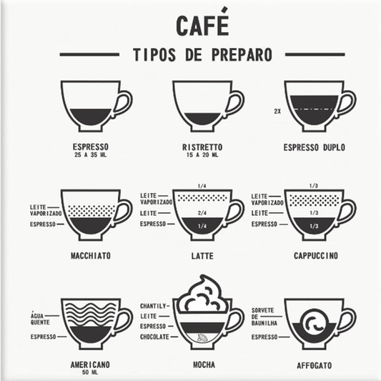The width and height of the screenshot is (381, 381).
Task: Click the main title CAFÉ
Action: tap(202, 24)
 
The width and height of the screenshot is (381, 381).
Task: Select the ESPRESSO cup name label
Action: tap(90, 147)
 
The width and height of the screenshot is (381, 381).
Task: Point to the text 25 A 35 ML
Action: tap(90, 155)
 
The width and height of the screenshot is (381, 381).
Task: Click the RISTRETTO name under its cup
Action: tap(202, 147)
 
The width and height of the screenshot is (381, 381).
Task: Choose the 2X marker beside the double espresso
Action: tap(277, 112)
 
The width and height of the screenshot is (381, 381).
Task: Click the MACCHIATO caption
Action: tap(91, 255)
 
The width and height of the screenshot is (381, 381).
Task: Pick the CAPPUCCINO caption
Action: tap(315, 255)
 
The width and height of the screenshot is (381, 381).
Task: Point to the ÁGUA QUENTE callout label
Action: tap(41, 318)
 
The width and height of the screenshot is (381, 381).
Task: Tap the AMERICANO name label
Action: tap(90, 365)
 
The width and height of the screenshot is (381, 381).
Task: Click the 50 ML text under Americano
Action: tap(90, 372)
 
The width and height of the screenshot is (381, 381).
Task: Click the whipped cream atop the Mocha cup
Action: tap(202, 293)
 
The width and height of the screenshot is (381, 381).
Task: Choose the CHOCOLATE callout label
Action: tap(154, 336)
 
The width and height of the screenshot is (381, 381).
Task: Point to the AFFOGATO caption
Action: tap(315, 365)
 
